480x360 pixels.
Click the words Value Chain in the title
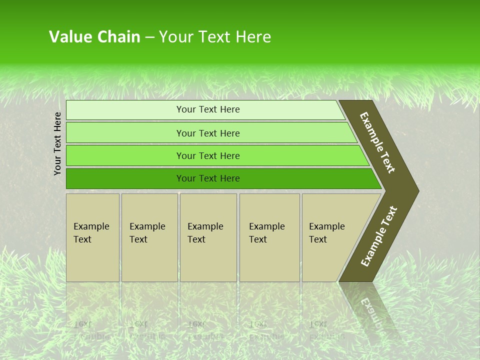pos(94,37)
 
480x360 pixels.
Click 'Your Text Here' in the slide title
pos(215,37)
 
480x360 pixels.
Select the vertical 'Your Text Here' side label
pos(57,143)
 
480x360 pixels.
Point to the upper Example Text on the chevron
pos(377,142)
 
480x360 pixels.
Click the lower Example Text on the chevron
pos(379,236)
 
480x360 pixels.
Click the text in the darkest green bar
pos(208,178)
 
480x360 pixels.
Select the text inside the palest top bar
pos(208,109)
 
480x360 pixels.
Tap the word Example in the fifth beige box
pos(326,226)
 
